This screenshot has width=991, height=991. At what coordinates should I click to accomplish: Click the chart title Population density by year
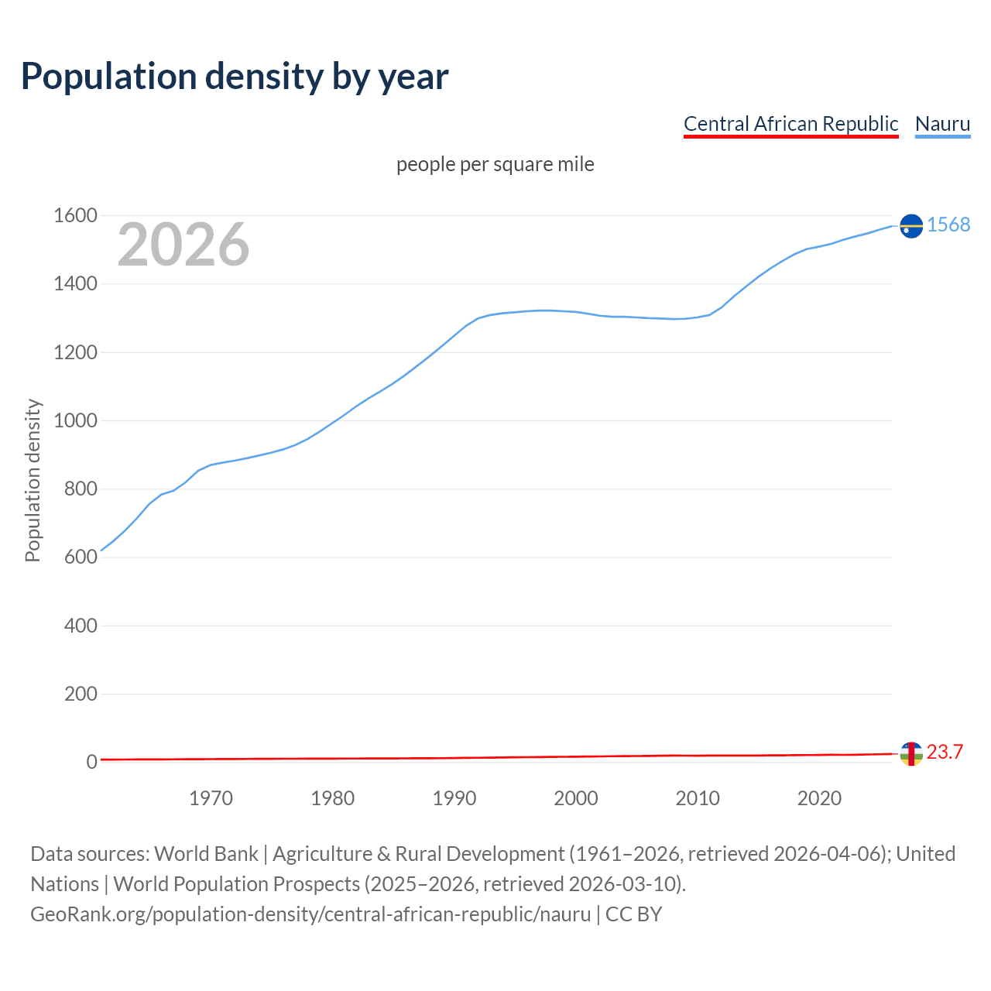pyautogui.click(x=235, y=77)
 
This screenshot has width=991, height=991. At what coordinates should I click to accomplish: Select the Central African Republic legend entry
pyautogui.click(x=790, y=124)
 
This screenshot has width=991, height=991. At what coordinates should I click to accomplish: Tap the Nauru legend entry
pyautogui.click(x=942, y=124)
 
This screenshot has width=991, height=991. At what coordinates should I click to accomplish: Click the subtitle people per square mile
pyautogui.click(x=495, y=165)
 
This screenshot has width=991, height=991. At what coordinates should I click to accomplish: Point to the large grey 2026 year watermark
pyautogui.click(x=183, y=245)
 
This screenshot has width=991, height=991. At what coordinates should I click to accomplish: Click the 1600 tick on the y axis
pyautogui.click(x=75, y=216)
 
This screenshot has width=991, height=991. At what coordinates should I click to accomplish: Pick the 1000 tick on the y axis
pyautogui.click(x=75, y=420)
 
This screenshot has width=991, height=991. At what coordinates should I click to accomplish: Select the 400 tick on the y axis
pyautogui.click(x=81, y=626)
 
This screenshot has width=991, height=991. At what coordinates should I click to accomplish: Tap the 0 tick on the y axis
pyautogui.click(x=92, y=762)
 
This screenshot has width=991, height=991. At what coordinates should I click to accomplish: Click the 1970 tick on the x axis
pyautogui.click(x=211, y=798)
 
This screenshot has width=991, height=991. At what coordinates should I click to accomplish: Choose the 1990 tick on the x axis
pyautogui.click(x=454, y=798)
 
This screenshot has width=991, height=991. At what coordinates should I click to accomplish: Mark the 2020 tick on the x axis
pyautogui.click(x=819, y=798)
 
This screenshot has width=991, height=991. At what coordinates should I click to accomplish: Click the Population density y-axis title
pyautogui.click(x=33, y=480)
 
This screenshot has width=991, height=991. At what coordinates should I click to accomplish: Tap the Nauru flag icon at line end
pyautogui.click(x=911, y=225)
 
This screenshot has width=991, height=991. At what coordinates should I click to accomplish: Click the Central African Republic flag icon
pyautogui.click(x=911, y=753)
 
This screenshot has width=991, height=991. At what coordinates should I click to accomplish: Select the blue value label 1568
pyautogui.click(x=948, y=225)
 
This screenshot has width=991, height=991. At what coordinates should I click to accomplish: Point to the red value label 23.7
pyautogui.click(x=945, y=752)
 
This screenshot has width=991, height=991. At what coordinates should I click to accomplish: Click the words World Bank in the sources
pyautogui.click(x=206, y=854)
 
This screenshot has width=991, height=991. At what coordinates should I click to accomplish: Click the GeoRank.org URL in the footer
pyautogui.click(x=310, y=914)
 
